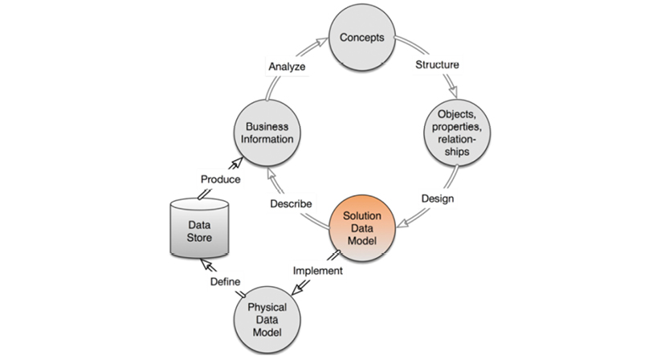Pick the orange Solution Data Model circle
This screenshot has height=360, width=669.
(361, 227)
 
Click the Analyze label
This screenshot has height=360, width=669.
(287, 67)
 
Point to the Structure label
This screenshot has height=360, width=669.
(437, 64)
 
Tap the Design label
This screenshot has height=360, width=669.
(437, 198)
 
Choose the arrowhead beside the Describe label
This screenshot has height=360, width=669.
(273, 171)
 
